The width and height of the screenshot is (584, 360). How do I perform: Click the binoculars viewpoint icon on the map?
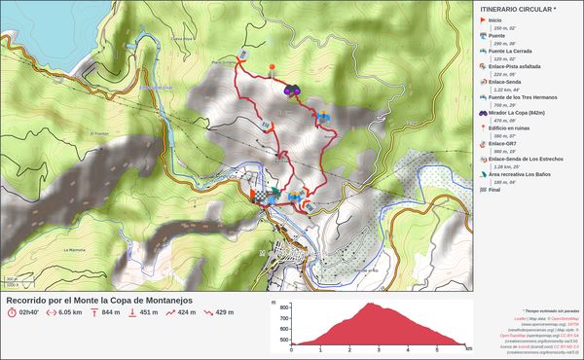click(x=292, y=90)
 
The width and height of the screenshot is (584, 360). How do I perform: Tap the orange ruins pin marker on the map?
click(x=273, y=68)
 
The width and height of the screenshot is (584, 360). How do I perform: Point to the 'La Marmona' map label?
click(x=75, y=249)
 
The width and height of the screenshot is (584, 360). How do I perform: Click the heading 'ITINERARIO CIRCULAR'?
click(x=519, y=9)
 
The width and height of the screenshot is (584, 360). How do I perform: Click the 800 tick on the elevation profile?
click(x=284, y=305)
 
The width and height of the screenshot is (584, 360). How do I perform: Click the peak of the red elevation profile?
click(x=371, y=304)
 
